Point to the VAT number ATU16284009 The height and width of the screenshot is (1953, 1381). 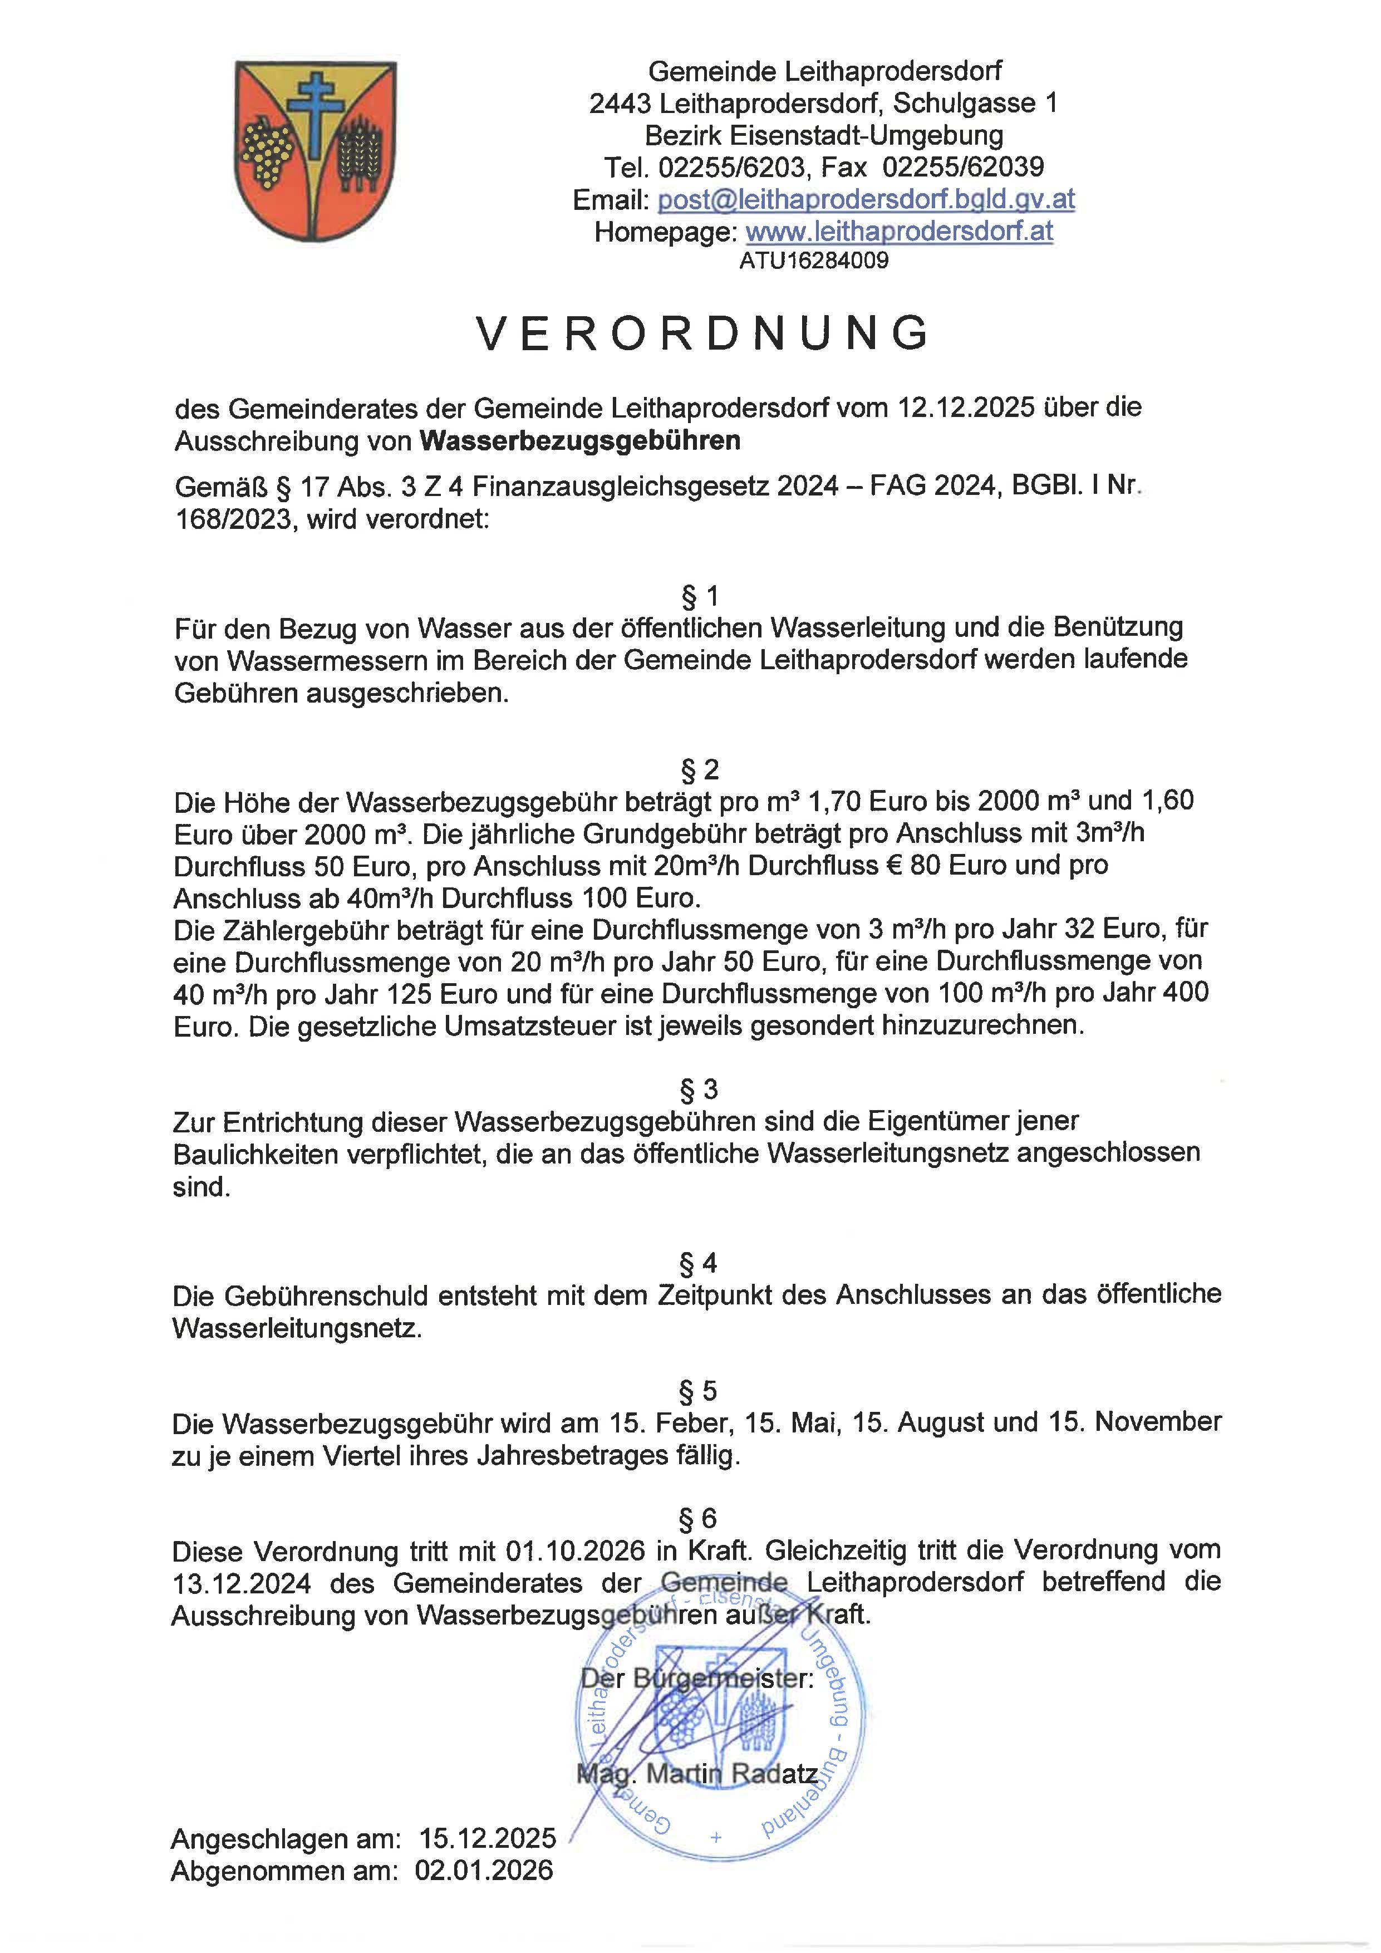pyautogui.click(x=814, y=261)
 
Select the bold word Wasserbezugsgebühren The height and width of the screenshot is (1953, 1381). pyautogui.click(x=580, y=440)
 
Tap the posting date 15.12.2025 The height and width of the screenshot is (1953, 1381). pyautogui.click(x=487, y=1838)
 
